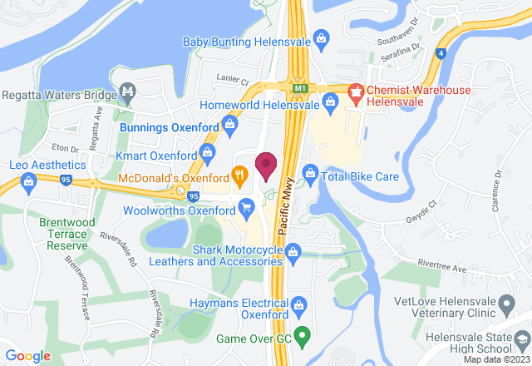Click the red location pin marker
(x=266, y=166)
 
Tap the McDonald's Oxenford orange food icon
(x=239, y=175)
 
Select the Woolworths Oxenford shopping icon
(x=245, y=205)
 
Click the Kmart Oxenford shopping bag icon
(x=206, y=154)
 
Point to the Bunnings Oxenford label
(x=166, y=129)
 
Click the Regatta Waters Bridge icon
(x=127, y=90)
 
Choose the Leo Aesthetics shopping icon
(x=28, y=181)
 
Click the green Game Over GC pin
(x=303, y=337)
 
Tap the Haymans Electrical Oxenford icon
(x=300, y=304)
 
